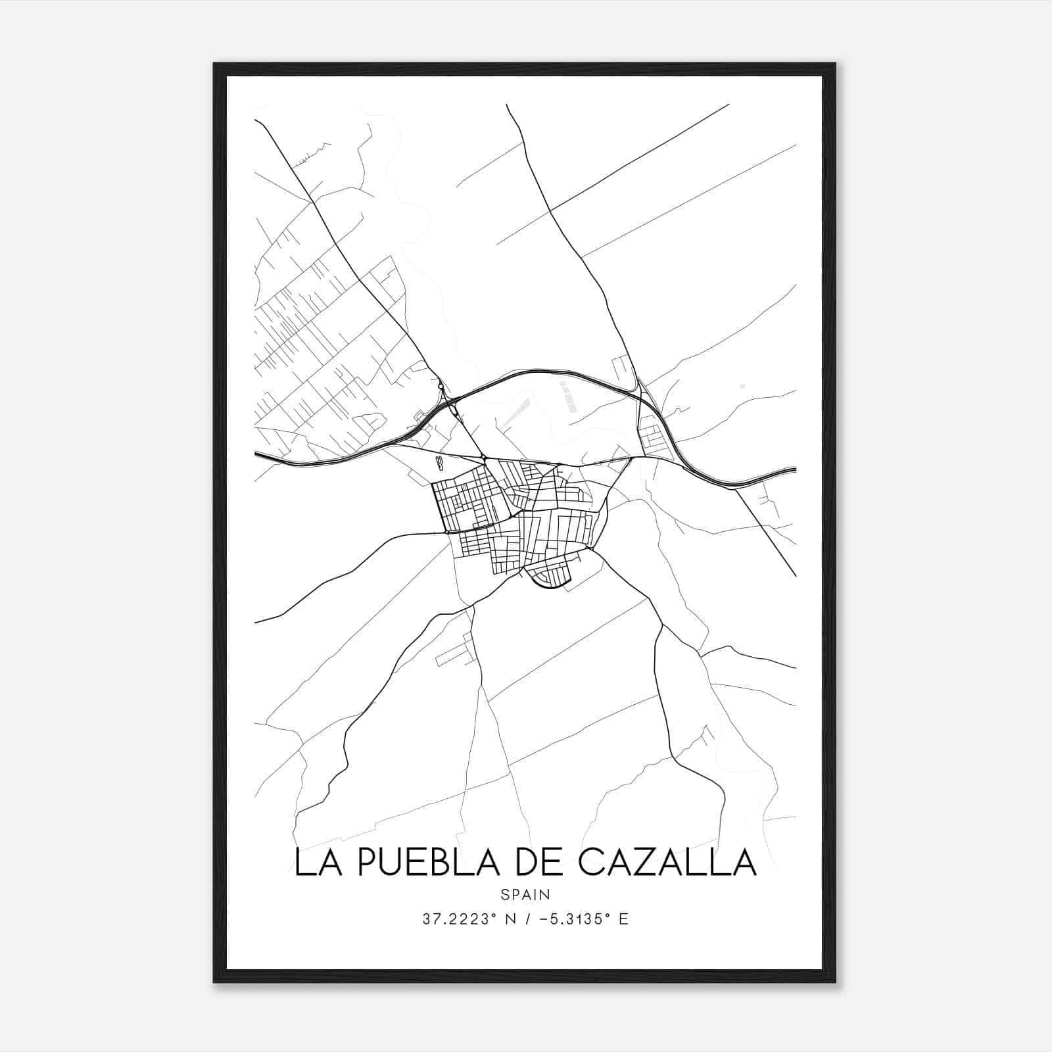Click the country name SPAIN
[x=525, y=894]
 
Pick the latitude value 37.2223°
[x=458, y=919]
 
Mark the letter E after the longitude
[x=623, y=919]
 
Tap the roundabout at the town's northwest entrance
[x=483, y=457]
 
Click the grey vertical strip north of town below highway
[x=567, y=396]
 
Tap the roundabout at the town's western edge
[x=446, y=531]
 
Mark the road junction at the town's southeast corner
[x=592, y=547]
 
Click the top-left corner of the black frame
[x=214, y=64]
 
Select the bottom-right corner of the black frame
[x=835, y=982]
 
